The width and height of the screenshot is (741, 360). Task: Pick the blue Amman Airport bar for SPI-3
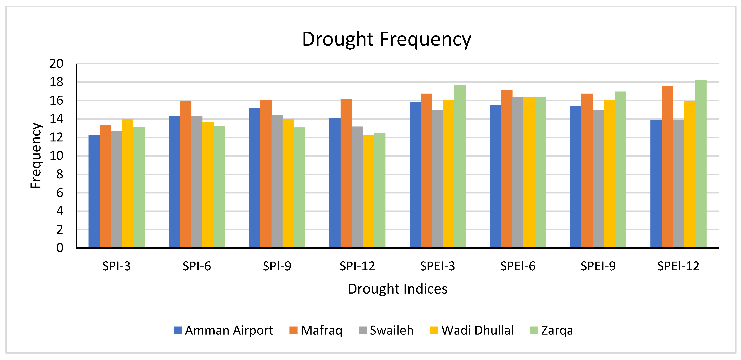(x=94, y=191)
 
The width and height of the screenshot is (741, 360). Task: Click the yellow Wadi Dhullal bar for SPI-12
(x=368, y=191)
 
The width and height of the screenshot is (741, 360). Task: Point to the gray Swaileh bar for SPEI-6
(x=518, y=173)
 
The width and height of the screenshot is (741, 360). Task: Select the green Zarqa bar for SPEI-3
(x=460, y=167)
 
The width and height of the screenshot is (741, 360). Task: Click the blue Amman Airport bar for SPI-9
(x=254, y=178)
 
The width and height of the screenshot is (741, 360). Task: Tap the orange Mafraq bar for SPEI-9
(x=587, y=171)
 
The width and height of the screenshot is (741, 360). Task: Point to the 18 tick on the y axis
(x=56, y=82)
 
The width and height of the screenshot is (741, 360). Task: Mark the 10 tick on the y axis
(x=56, y=156)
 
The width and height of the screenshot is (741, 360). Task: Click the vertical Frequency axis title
(x=36, y=155)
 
